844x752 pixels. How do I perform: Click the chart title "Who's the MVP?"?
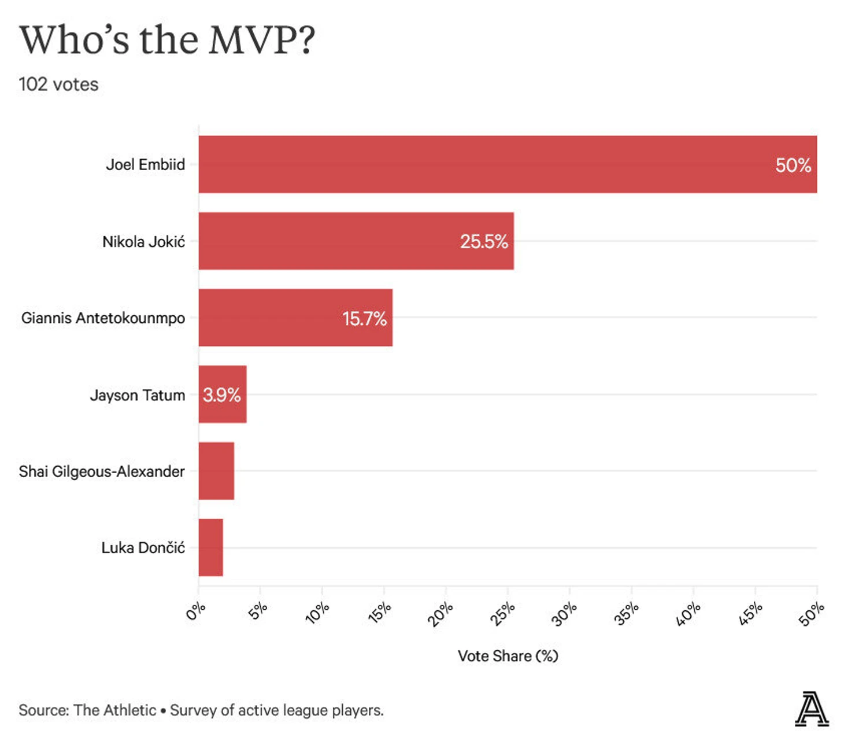click(167, 40)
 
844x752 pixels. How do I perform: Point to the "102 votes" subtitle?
click(58, 84)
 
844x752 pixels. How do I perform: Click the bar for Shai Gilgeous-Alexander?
click(216, 471)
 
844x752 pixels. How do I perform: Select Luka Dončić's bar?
click(210, 547)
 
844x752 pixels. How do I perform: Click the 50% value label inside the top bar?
click(793, 165)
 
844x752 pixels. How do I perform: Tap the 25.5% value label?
click(484, 242)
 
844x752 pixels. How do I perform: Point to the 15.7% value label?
click(364, 319)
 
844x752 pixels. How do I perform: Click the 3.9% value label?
click(221, 395)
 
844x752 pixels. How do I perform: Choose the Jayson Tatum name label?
click(138, 395)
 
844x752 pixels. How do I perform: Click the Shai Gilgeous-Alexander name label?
click(102, 471)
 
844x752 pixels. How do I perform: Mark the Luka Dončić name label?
click(143, 548)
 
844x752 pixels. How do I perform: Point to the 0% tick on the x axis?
click(196, 611)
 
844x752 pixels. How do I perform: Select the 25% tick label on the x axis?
click(502, 613)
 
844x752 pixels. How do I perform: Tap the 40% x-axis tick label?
click(688, 613)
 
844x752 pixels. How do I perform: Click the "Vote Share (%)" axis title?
click(508, 656)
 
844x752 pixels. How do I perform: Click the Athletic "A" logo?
click(811, 709)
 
